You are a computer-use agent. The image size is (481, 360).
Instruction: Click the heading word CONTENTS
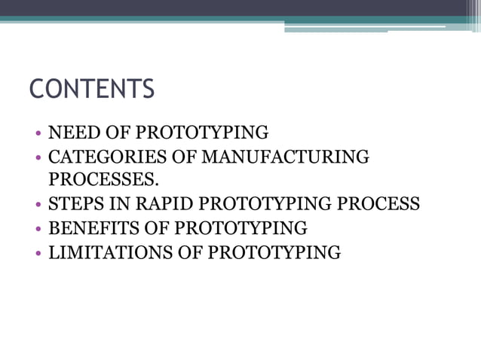click(91, 89)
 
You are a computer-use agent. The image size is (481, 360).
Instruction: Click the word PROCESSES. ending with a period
click(104, 180)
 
